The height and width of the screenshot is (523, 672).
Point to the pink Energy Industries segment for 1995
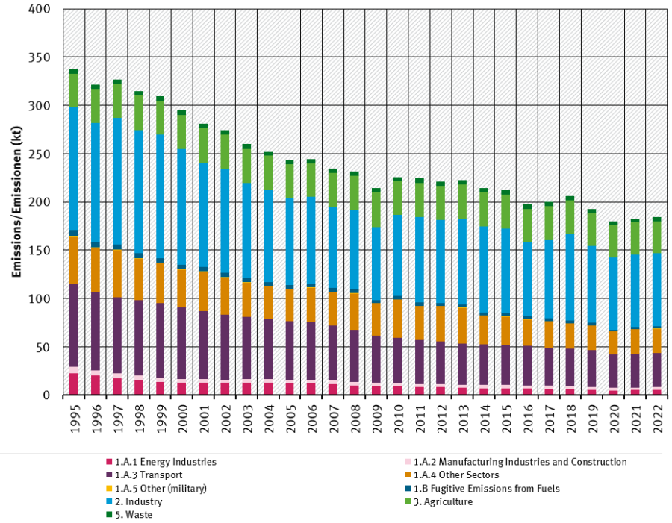tap(74, 383)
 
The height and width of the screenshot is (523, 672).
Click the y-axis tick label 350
tap(40, 57)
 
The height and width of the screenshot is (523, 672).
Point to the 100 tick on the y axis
tap(40, 298)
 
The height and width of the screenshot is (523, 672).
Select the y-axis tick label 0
tap(46, 395)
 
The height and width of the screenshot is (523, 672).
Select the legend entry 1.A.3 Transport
tap(149, 475)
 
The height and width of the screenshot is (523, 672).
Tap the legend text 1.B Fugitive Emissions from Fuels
tap(486, 489)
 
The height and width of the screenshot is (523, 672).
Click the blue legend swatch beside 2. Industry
tap(109, 502)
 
